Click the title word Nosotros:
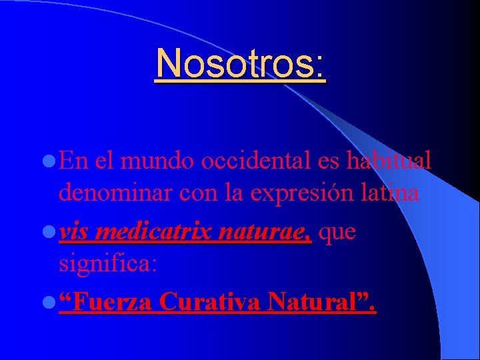pos(241,64)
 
